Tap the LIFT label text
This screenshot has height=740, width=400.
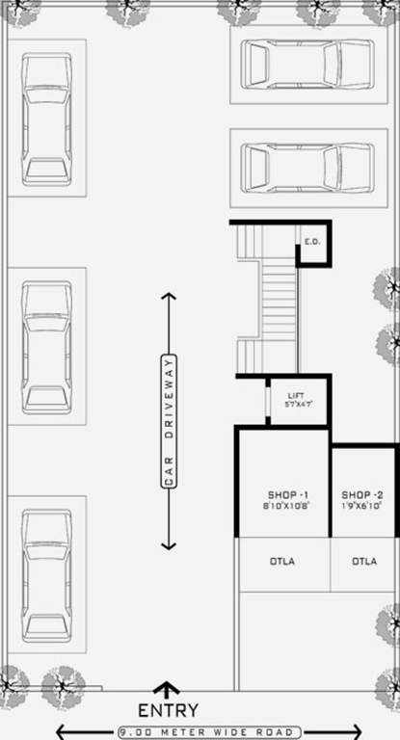(x=297, y=395)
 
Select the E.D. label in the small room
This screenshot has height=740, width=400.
(x=312, y=241)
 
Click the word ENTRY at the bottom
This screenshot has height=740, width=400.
(x=168, y=710)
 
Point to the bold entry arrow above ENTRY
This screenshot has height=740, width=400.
(x=168, y=690)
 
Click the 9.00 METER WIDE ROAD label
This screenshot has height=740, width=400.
(x=209, y=732)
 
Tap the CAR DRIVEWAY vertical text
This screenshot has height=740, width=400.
(x=168, y=421)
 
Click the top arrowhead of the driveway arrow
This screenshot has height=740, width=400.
(x=168, y=297)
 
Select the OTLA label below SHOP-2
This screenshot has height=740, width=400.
(x=363, y=561)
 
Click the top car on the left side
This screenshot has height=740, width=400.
(x=46, y=119)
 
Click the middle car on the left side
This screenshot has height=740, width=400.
(x=46, y=347)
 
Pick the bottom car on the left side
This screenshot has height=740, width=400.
(x=46, y=575)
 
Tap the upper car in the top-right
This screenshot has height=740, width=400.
(x=307, y=64)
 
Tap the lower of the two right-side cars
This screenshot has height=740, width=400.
(x=307, y=168)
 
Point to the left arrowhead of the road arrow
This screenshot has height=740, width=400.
(x=61, y=732)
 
